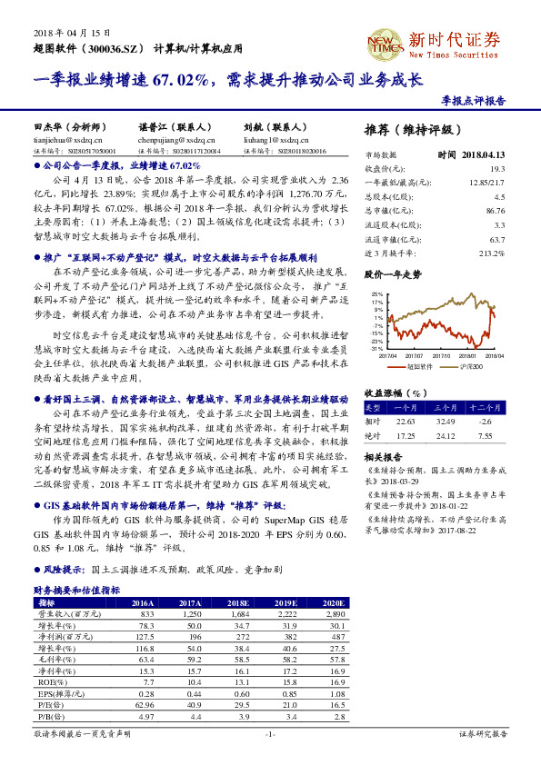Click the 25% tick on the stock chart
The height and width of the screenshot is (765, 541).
coord(377,296)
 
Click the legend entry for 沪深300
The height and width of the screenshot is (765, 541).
coord(467,368)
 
